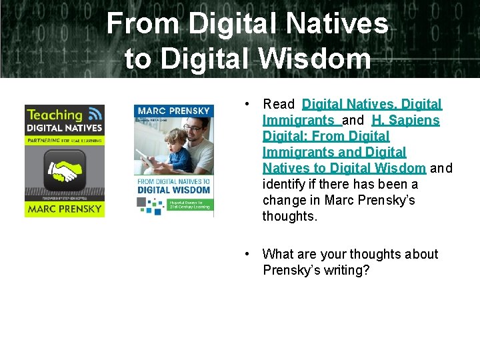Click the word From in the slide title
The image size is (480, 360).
click(x=143, y=24)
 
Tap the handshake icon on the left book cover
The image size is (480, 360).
click(x=64, y=173)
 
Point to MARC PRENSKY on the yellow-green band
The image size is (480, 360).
click(x=64, y=209)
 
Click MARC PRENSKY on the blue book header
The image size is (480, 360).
click(x=173, y=111)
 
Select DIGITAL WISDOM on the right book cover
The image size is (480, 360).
click(x=173, y=191)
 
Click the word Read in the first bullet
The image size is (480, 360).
click(x=279, y=104)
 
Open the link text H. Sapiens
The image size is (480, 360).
click(x=406, y=120)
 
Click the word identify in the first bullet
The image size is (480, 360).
click(x=283, y=184)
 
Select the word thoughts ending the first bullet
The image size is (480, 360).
click(x=290, y=216)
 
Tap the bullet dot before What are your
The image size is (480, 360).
click(x=247, y=253)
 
